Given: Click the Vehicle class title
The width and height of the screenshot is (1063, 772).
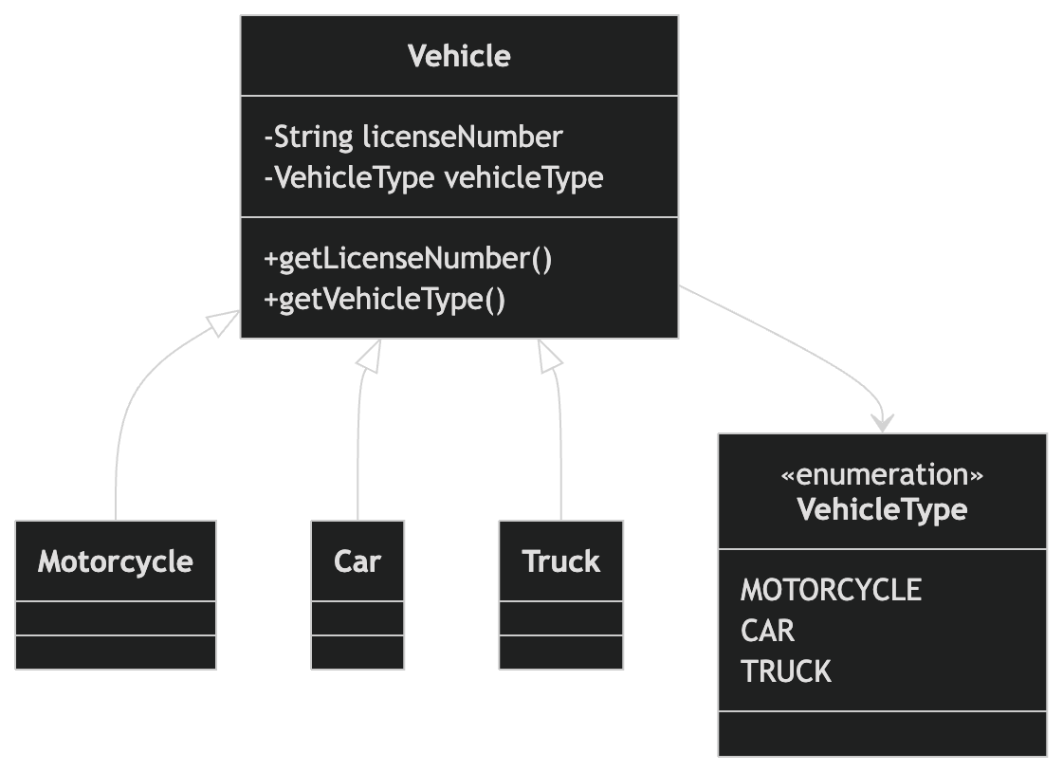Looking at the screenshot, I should (x=459, y=56).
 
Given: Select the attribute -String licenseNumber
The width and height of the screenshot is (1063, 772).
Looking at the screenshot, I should (x=413, y=138).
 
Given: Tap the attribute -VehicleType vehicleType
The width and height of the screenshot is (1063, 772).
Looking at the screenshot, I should (x=433, y=178).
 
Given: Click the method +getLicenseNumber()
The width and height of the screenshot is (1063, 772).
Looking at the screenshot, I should (x=408, y=259).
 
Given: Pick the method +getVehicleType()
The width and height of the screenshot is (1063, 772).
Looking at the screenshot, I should (x=384, y=300).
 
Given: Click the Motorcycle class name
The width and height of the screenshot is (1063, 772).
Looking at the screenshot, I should (x=116, y=561).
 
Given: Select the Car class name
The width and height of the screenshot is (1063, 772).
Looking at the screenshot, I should (x=357, y=561).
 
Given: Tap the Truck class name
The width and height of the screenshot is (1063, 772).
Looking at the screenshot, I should (x=561, y=561).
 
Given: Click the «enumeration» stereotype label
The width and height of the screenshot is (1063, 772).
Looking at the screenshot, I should (x=882, y=474).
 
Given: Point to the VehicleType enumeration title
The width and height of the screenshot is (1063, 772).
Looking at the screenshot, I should (x=882, y=509).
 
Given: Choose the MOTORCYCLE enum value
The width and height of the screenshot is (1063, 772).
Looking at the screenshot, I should (x=831, y=590).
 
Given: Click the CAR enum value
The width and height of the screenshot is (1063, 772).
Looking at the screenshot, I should (x=767, y=631).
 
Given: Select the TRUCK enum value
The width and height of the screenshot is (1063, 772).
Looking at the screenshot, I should (x=785, y=671).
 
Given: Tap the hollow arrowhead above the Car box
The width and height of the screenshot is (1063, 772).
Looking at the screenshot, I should (x=370, y=354).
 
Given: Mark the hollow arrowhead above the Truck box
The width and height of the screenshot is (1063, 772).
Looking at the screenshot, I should (x=550, y=354).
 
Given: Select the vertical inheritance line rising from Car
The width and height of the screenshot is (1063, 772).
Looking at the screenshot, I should (x=358, y=455).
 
